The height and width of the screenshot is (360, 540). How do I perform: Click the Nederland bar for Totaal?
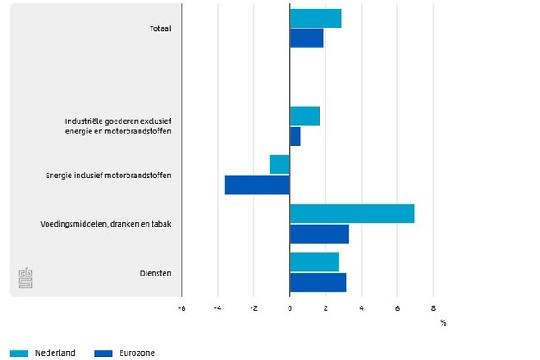315,18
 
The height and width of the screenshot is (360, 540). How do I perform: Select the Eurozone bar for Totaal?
307,39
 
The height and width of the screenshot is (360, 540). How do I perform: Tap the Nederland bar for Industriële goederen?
305,115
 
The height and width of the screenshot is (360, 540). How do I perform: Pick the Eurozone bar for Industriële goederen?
295,136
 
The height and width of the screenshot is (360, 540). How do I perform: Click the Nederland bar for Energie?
280,164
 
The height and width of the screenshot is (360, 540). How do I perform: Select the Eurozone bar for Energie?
258,184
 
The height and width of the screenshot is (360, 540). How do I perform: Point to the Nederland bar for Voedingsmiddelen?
352,214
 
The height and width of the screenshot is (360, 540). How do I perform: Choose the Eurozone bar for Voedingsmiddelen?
320,233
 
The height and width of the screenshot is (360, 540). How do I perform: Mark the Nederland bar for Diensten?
314,262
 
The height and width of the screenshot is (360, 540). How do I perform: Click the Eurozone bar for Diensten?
318,282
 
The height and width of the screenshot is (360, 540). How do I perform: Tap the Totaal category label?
159,28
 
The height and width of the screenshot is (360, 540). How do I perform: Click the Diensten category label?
156,273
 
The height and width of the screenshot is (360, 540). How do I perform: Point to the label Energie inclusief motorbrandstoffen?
108,175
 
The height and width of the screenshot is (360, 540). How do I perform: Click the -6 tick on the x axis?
182,307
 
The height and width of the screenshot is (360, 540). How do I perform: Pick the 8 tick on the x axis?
433,307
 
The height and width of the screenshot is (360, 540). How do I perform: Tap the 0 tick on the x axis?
290,307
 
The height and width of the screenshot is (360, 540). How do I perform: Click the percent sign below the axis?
444,322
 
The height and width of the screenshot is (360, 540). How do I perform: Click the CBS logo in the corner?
26,277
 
